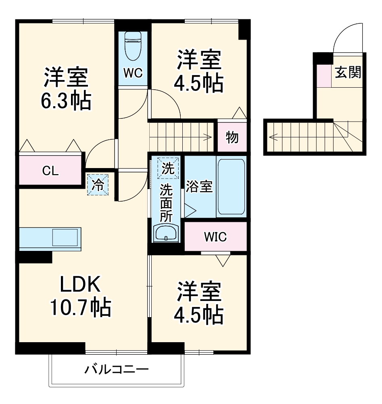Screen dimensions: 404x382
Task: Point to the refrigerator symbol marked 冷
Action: click(98, 185)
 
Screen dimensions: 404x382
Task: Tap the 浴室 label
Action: click(199, 187)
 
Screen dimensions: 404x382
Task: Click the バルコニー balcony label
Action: click(117, 369)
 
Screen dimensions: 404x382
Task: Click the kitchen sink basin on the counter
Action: click(65, 238)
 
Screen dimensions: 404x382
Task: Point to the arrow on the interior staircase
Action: click(208, 137)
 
